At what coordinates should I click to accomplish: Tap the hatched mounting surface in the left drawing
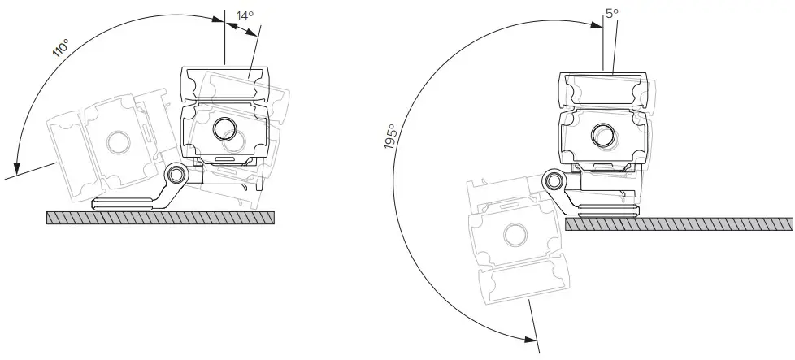click(163, 217)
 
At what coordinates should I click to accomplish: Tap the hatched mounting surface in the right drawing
click(679, 224)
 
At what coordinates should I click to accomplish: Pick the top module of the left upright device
click(224, 84)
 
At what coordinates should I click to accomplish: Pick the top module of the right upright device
click(603, 89)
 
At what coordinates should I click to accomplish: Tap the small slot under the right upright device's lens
click(603, 164)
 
